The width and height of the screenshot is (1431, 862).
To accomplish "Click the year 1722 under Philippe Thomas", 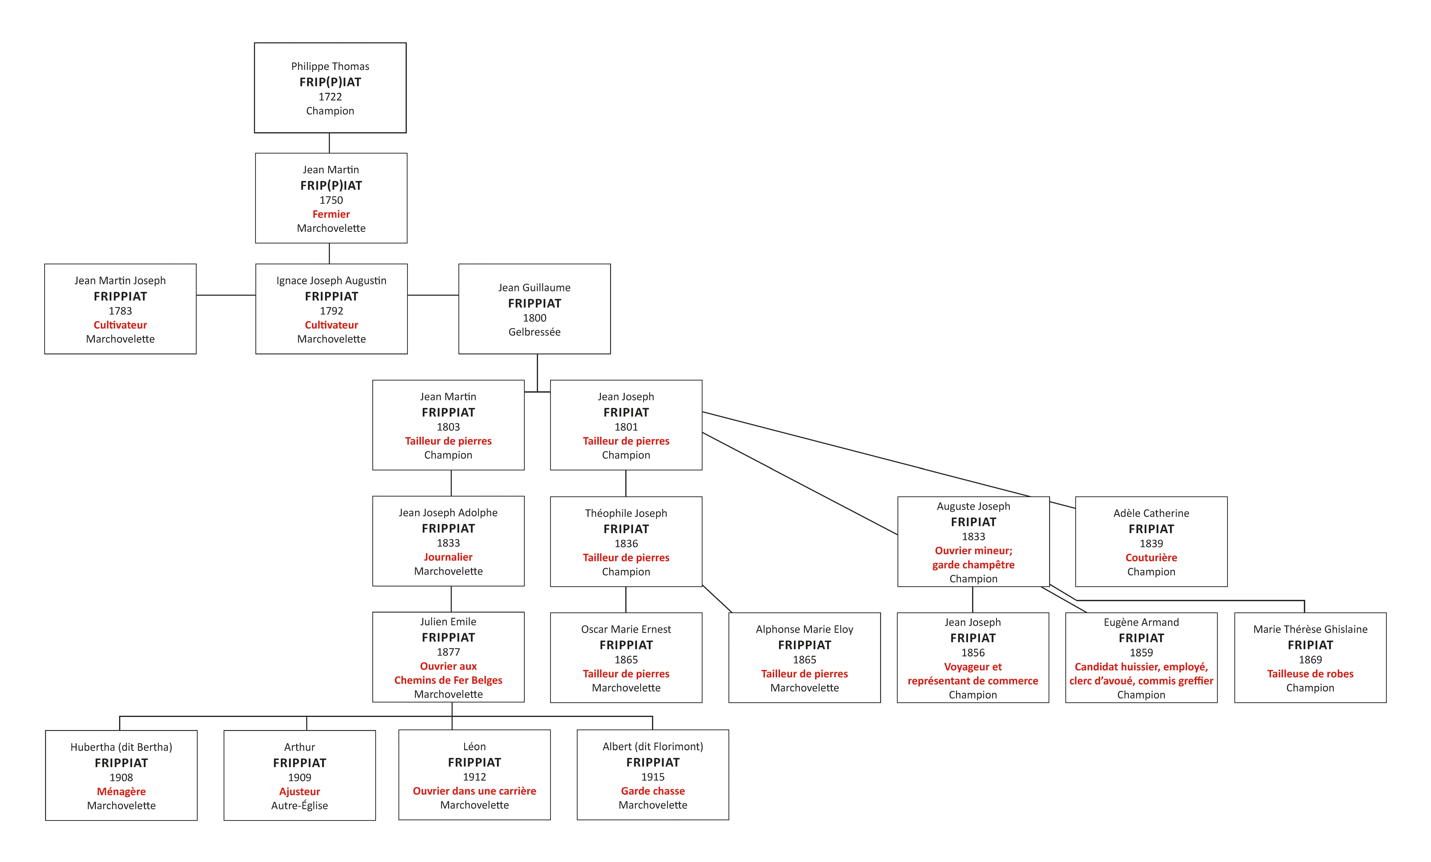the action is pyautogui.click(x=330, y=96).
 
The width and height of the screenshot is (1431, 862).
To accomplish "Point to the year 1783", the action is pyautogui.click(x=120, y=311).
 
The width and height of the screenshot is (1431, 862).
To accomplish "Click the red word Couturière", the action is pyautogui.click(x=1151, y=558).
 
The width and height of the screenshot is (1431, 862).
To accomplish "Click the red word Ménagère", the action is pyautogui.click(x=121, y=792).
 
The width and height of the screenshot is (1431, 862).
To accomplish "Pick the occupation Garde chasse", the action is pyautogui.click(x=653, y=791).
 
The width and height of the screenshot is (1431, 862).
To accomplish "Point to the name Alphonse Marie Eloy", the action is pyautogui.click(x=804, y=630).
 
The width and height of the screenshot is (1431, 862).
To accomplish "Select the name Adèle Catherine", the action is pyautogui.click(x=1151, y=513).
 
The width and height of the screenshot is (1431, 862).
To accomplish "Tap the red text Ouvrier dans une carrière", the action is pyautogui.click(x=475, y=791).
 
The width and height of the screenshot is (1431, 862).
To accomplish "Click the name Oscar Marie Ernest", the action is pyautogui.click(x=626, y=630).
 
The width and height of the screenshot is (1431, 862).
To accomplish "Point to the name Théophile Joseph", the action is pyautogui.click(x=626, y=513).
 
